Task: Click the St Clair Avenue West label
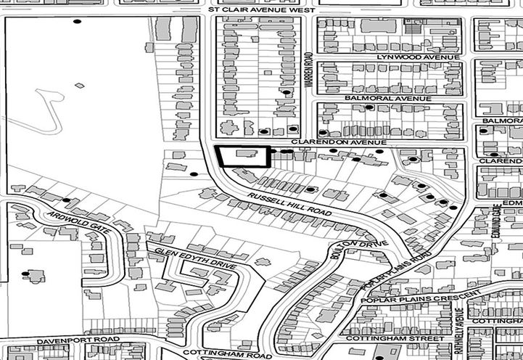(x=260, y=11)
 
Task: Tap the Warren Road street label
(x=308, y=72)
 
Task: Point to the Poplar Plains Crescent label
(x=420, y=298)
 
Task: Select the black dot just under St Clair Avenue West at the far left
(x=77, y=21)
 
